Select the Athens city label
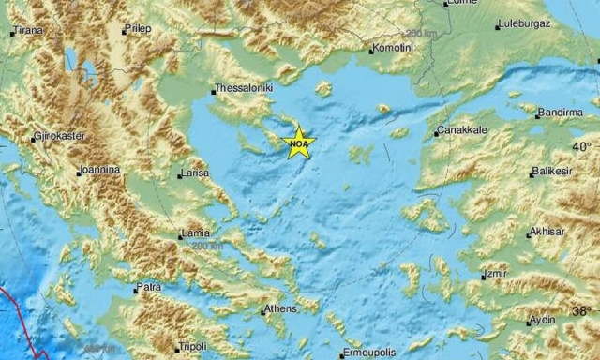(x=280, y=307)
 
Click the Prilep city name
(x=139, y=29)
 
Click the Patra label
(x=149, y=285)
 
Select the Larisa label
(x=194, y=172)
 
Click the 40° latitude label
(x=582, y=147)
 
